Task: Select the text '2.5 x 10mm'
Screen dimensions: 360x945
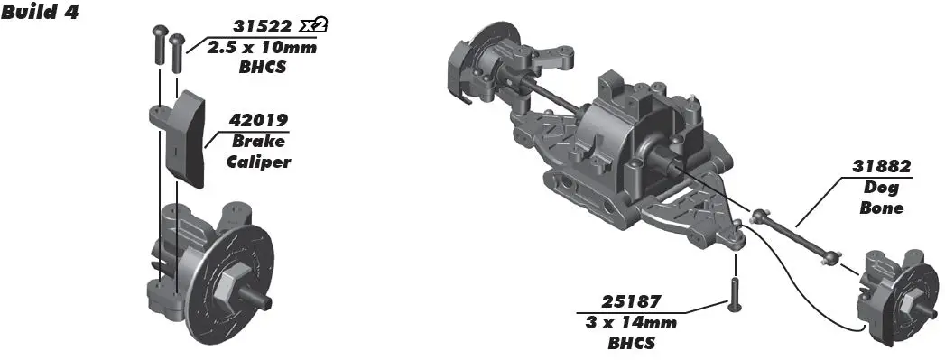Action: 262,47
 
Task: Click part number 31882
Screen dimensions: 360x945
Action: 881,167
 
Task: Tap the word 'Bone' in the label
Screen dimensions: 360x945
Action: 883,208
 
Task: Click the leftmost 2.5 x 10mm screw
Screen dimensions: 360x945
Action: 160,44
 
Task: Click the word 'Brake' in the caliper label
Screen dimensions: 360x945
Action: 258,142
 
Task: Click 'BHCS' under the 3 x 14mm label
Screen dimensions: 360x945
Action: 633,343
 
